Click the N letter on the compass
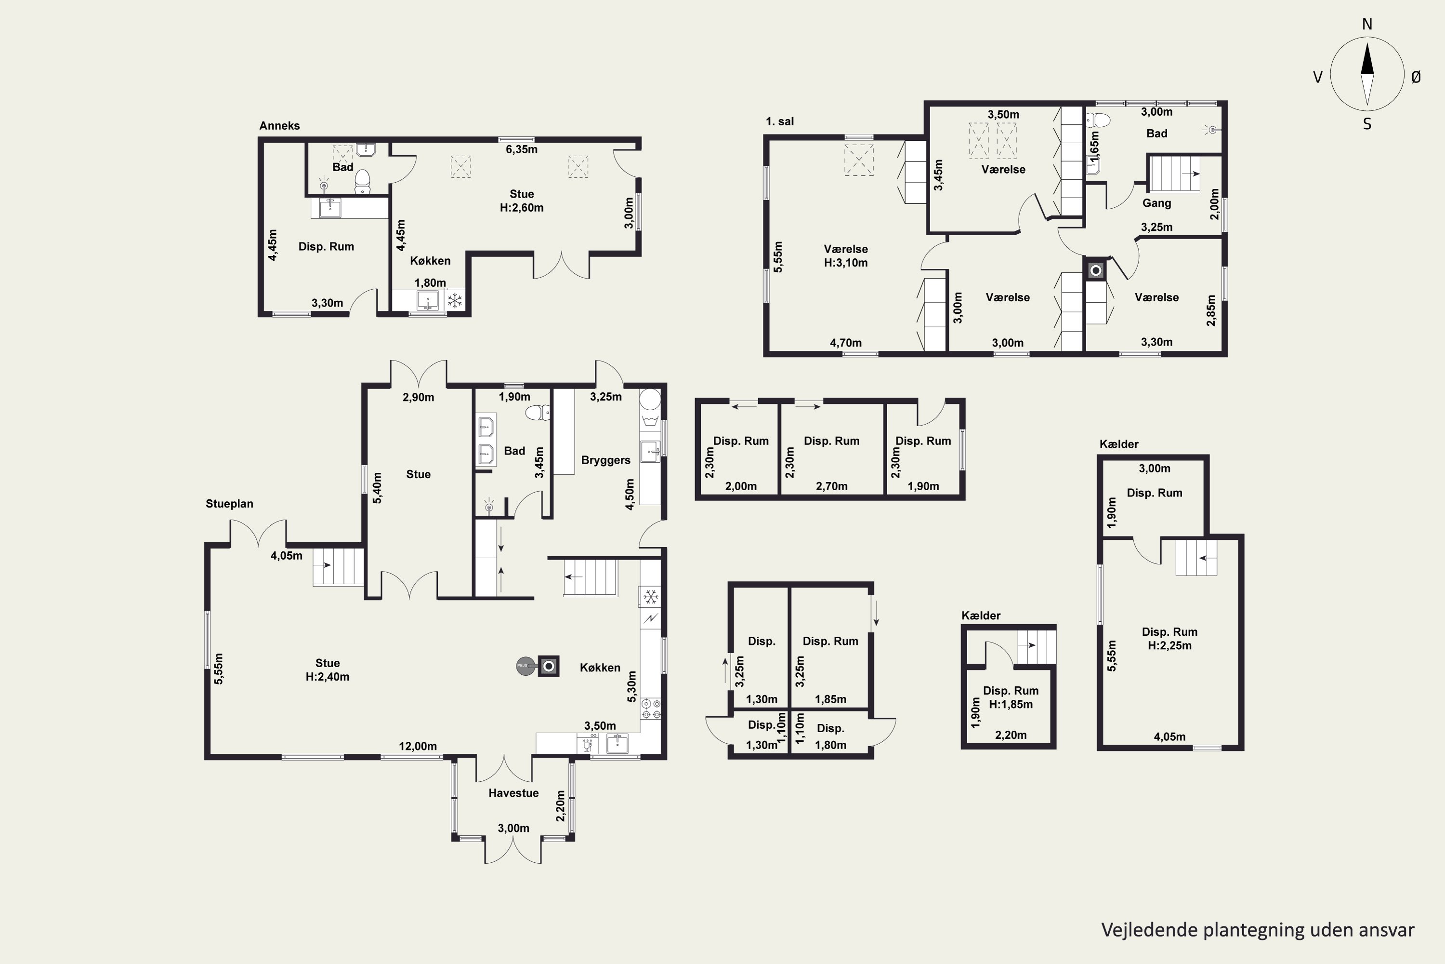click(1367, 24)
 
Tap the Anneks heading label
click(279, 125)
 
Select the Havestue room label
click(513, 792)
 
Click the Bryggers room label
click(606, 460)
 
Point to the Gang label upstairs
click(1157, 203)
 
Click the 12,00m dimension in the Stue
click(418, 746)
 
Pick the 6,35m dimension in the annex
click(522, 149)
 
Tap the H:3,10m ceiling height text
click(846, 263)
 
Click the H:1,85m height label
click(1011, 705)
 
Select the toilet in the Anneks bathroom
click(363, 180)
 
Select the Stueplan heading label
click(229, 504)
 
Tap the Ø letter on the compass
click(1416, 77)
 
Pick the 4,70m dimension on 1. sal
click(845, 343)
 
